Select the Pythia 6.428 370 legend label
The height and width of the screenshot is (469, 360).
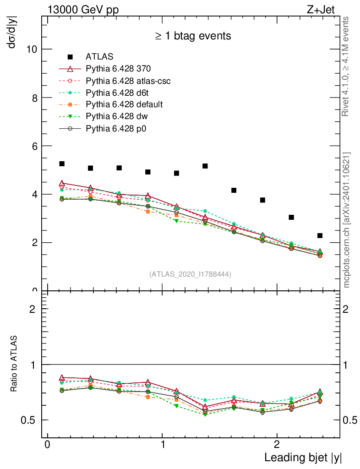118,69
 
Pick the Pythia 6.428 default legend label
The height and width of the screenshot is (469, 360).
124,104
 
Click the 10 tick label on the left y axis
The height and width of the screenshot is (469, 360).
32,49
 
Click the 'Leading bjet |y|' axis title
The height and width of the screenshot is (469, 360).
303,458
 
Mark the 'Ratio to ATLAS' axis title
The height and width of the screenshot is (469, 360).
14,364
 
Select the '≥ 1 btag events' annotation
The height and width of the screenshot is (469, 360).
193,36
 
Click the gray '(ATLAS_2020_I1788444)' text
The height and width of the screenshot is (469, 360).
190,274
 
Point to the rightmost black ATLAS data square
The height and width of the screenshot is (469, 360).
320,235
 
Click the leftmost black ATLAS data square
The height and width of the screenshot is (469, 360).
62,164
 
